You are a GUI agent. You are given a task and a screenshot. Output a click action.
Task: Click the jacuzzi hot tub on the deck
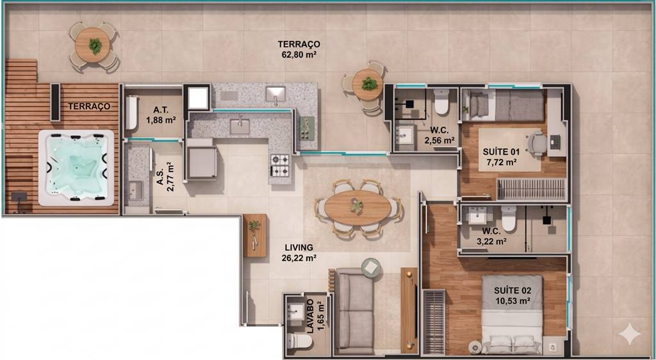(76, 168)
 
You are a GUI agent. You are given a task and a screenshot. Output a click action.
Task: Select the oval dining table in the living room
(357, 208)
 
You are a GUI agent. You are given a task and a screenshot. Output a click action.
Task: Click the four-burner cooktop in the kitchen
(280, 165)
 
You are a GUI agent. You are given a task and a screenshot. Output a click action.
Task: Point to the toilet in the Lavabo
(300, 341)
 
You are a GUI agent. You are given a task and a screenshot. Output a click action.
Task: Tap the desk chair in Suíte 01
(537, 143)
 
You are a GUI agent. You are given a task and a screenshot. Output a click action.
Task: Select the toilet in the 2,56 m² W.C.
(441, 101)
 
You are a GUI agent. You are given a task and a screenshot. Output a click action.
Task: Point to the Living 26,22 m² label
(299, 253)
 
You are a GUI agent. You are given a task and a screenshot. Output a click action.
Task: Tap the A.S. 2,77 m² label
(165, 177)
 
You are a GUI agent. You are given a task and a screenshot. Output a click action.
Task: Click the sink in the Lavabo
(297, 311)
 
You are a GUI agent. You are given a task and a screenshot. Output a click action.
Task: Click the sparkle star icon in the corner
(630, 334)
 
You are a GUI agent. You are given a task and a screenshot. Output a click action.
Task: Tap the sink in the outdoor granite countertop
(275, 95)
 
